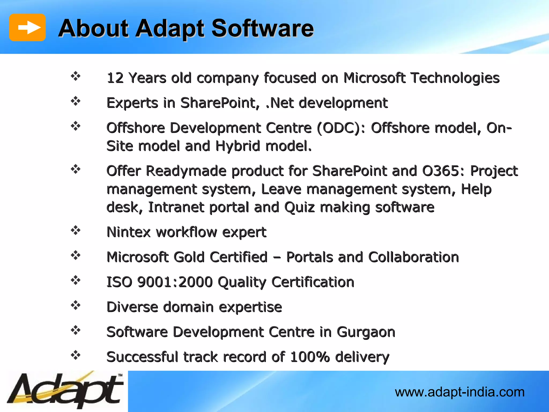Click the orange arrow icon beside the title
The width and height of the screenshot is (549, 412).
[27, 27]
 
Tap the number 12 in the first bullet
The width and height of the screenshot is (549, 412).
[115, 78]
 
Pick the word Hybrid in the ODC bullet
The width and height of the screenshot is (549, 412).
[238, 146]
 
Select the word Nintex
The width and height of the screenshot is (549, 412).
[129, 232]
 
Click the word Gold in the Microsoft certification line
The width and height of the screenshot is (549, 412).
[189, 257]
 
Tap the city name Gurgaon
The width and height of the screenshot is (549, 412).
[366, 332]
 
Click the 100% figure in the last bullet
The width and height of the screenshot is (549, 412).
[310, 357]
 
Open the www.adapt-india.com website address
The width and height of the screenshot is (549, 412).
[459, 392]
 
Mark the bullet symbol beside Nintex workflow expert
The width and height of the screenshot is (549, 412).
[76, 230]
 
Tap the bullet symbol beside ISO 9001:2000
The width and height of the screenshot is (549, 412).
[76, 280]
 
